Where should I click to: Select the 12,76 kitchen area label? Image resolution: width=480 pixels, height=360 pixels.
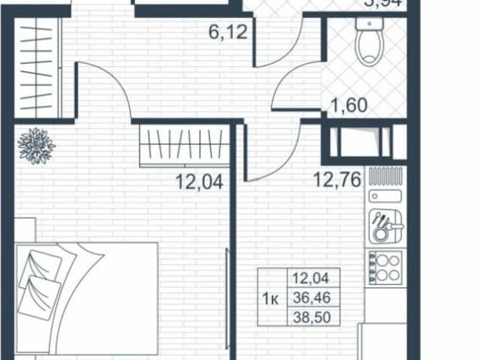point(330,179)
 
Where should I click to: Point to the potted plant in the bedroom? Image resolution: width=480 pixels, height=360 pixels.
point(36,145)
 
